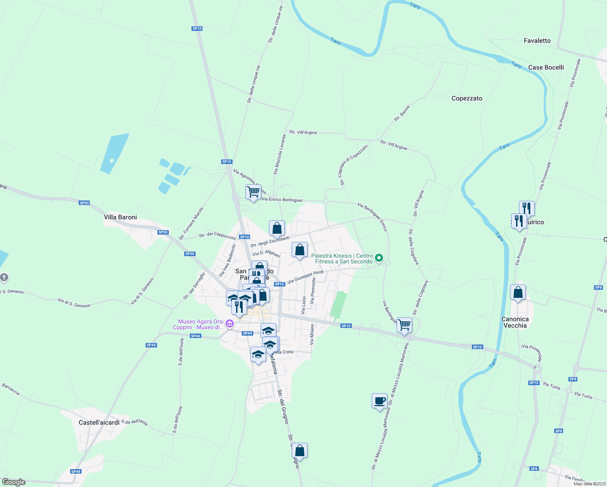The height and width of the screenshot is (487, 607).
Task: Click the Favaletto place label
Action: tap(537, 41)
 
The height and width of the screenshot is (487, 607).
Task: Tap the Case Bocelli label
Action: tap(546, 67)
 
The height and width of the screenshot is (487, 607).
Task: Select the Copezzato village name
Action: tap(467, 98)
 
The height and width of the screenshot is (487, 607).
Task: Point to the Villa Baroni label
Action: tap(120, 217)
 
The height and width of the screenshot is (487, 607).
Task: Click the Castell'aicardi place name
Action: tap(99, 422)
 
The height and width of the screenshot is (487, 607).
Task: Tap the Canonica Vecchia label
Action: tap(515, 322)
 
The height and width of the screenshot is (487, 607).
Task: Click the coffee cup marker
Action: tap(379, 401)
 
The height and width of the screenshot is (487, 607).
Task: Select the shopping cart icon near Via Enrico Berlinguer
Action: tap(253, 192)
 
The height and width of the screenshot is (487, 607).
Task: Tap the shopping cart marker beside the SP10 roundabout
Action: tap(404, 325)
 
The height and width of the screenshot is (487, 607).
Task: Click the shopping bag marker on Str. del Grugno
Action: tap(299, 450)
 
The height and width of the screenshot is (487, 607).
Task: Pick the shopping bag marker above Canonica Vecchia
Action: tap(518, 292)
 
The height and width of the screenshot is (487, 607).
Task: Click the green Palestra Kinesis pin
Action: tap(379, 258)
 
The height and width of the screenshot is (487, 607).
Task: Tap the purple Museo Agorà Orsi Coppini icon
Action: tap(230, 324)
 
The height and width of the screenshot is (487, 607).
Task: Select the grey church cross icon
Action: tap(4, 278)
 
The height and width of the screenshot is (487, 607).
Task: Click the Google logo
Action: tap(14, 482)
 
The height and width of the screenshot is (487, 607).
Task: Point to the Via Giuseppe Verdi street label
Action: tap(305, 277)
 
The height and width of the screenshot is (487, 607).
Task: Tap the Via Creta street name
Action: tap(284, 352)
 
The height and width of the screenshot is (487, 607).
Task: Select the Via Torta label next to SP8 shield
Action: tap(583, 395)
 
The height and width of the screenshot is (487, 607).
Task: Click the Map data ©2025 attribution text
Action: tap(589, 484)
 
